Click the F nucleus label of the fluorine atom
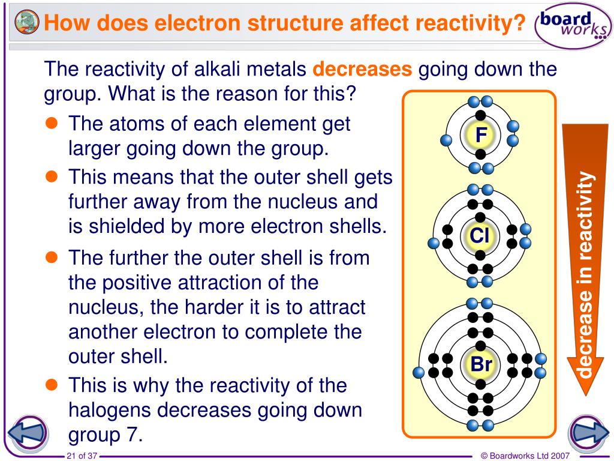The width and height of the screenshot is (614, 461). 481,136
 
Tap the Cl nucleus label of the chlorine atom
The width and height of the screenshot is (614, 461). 480,236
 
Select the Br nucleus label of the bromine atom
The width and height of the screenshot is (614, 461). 481,364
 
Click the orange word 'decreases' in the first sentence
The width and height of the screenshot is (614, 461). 362,70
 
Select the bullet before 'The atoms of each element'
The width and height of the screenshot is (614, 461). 52,123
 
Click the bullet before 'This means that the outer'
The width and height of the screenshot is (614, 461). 52,176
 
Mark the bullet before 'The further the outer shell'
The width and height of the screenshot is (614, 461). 52,258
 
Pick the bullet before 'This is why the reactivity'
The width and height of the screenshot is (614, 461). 52,384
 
